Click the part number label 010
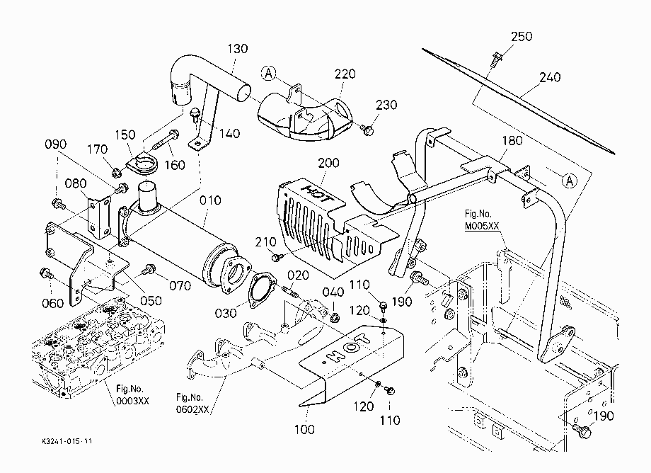tap(210, 200)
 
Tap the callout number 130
tap(238, 49)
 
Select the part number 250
tap(522, 37)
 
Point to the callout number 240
tap(550, 77)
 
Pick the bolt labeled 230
tap(367, 130)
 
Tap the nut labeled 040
tap(335, 318)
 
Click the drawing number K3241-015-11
tap(67, 441)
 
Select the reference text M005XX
tap(482, 227)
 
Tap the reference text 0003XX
tap(132, 401)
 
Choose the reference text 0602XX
tap(192, 409)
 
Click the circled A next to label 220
tap(269, 74)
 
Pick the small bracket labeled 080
tap(98, 218)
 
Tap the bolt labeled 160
tap(166, 140)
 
